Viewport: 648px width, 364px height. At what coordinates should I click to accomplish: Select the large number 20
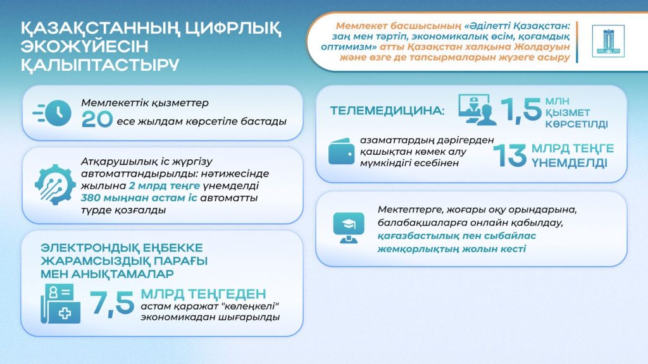pyautogui.click(x=97, y=121)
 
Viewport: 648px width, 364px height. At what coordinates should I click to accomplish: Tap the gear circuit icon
pyautogui.click(x=55, y=183)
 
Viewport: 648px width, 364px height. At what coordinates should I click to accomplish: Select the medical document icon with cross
pyautogui.click(x=60, y=303)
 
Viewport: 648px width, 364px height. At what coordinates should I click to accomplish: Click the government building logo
pyautogui.click(x=608, y=42)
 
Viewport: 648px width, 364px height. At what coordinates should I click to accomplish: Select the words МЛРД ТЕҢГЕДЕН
pyautogui.click(x=202, y=294)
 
